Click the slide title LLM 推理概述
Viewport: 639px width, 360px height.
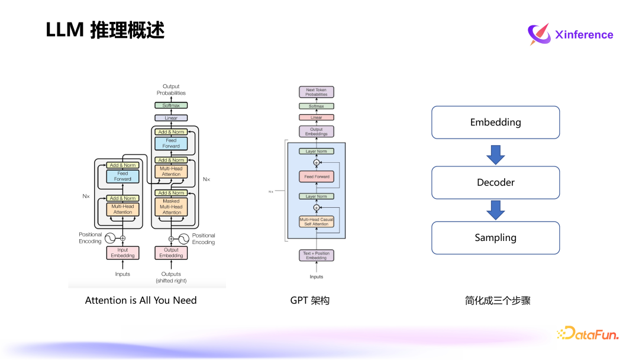point(105,30)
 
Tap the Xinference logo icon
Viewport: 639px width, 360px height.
point(539,34)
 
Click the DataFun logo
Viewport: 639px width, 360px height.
point(588,333)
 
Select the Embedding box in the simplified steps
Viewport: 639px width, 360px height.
point(495,123)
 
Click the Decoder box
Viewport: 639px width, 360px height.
point(495,182)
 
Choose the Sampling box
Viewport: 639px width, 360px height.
point(495,237)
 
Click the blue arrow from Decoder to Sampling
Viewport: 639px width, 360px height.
point(495,210)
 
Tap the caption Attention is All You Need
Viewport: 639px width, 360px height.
point(141,300)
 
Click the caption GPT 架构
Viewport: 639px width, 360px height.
point(309,300)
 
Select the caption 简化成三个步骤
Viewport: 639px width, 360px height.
point(498,300)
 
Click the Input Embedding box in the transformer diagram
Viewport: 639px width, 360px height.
point(122,253)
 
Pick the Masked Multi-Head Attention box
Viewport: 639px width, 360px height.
point(172,207)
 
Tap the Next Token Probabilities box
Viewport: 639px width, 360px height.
point(317,92)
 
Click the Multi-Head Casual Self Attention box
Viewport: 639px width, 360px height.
point(317,222)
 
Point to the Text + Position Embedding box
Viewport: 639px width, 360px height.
point(317,256)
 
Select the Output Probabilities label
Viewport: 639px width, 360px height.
point(171,90)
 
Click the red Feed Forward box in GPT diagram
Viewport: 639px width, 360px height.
point(317,176)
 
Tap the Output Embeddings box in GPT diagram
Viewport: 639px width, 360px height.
point(317,131)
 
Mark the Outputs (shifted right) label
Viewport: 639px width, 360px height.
point(171,277)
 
